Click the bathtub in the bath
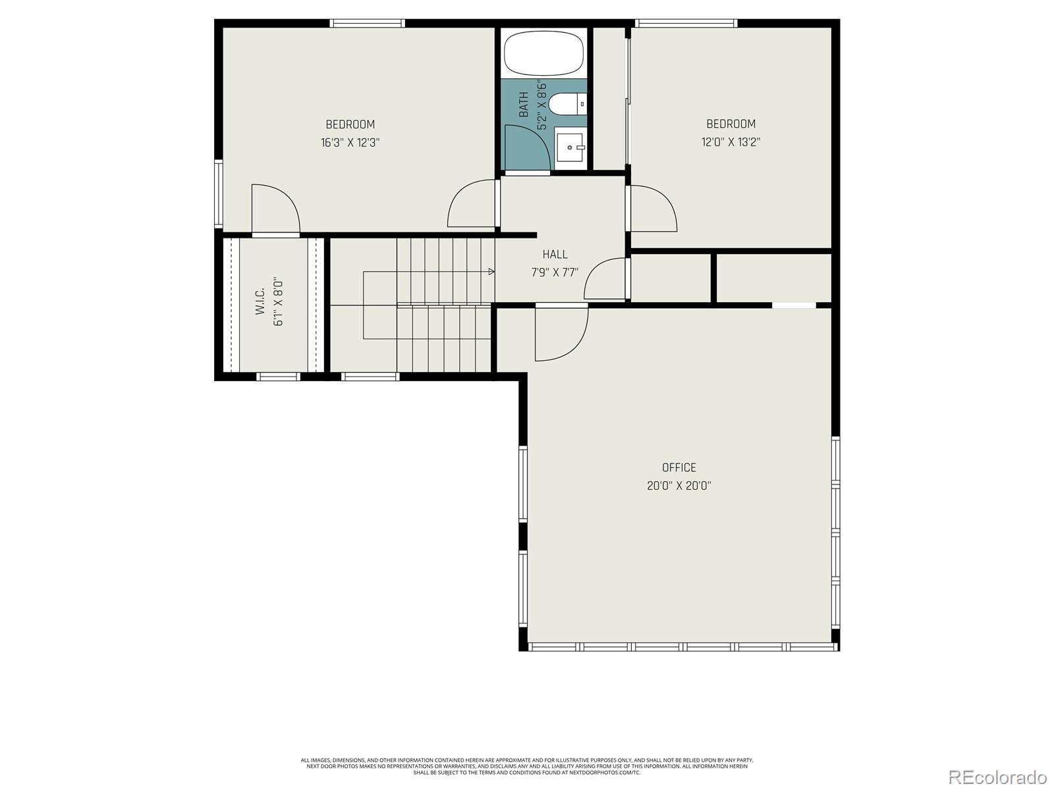[x=544, y=55]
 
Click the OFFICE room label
[x=679, y=467]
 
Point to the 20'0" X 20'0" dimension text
[x=679, y=486]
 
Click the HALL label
[x=555, y=254]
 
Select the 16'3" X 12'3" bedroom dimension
[x=350, y=142]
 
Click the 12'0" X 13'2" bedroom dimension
[x=731, y=142]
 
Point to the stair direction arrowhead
[x=491, y=271]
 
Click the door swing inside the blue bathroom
[x=526, y=147]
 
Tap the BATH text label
[x=524, y=104]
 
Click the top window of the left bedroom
[x=367, y=23]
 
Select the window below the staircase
[x=370, y=377]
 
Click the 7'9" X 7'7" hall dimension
[x=555, y=273]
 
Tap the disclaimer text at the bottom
[x=527, y=766]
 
